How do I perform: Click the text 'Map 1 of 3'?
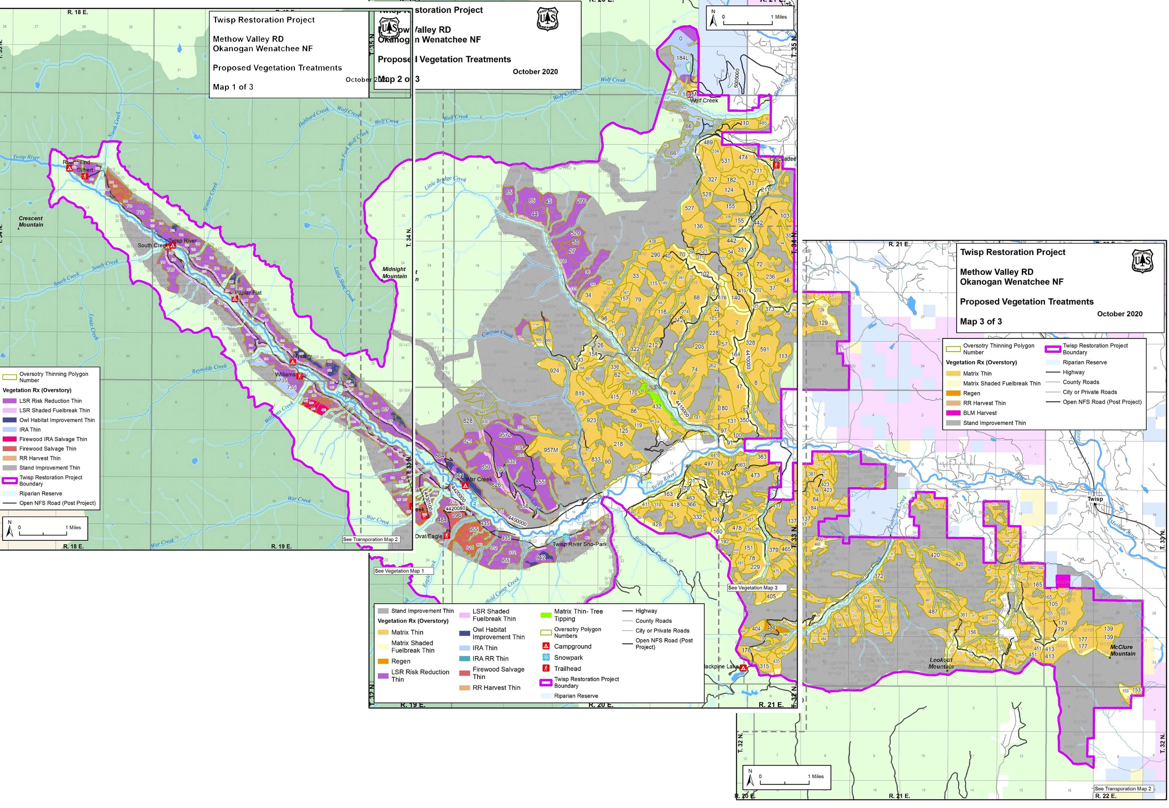pos(233,87)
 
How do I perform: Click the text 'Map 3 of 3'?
pos(981,321)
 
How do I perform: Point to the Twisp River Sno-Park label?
pos(579,544)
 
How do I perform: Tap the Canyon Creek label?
pos(497,334)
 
